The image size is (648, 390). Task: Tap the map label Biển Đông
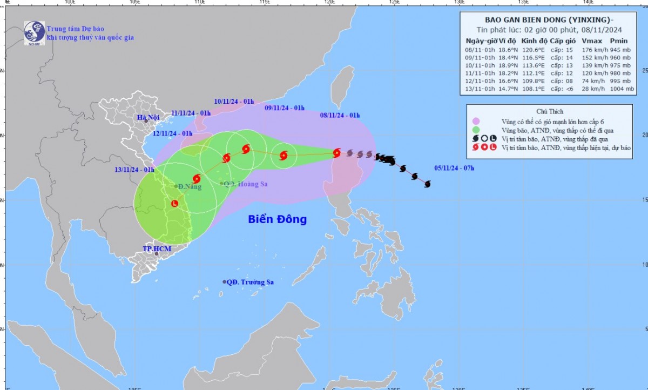tap(278, 219)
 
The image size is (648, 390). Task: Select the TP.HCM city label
tap(157, 249)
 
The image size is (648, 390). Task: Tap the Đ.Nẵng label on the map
tap(188, 187)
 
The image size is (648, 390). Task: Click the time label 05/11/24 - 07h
tap(454, 168)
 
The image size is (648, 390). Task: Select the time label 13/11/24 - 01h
tap(134, 170)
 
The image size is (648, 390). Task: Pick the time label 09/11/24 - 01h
tap(285, 108)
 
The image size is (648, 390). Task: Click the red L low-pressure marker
tap(174, 203)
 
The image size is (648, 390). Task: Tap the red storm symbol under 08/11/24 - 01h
tap(336, 153)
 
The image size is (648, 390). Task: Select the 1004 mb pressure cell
tap(622, 89)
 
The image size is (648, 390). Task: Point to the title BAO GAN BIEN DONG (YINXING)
tap(545, 19)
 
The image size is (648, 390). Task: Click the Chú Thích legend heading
tap(549, 111)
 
